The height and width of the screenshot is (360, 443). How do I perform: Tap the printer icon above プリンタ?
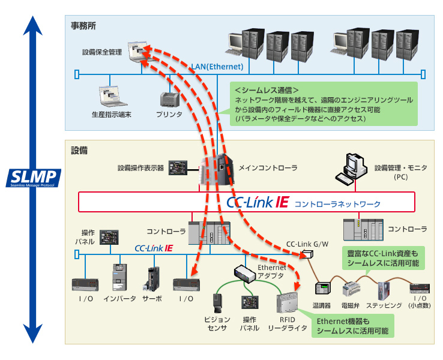tap(169, 100)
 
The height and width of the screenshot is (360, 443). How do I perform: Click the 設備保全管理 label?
tap(102, 52)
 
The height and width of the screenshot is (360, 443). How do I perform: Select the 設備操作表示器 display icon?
tap(179, 167)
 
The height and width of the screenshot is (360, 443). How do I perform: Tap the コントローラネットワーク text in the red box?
tap(337, 204)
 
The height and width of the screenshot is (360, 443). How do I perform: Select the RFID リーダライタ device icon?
tap(288, 306)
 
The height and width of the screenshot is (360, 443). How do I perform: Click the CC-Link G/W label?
tap(307, 244)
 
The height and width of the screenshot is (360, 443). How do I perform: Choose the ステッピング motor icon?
tap(384, 290)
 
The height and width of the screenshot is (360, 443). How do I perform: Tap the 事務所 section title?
tap(83, 26)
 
